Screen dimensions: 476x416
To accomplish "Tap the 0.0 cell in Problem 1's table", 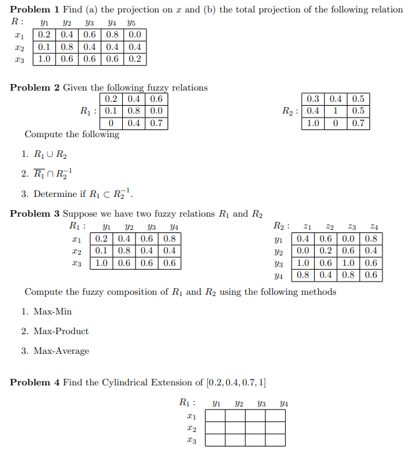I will click(135, 35).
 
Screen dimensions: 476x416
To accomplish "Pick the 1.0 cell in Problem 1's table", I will click(45, 59).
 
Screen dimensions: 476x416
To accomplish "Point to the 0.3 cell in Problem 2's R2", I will click(313, 99).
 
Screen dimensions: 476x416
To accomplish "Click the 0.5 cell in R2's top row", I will click(358, 99).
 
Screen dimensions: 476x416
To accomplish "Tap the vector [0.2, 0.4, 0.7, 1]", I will click(235, 382).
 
